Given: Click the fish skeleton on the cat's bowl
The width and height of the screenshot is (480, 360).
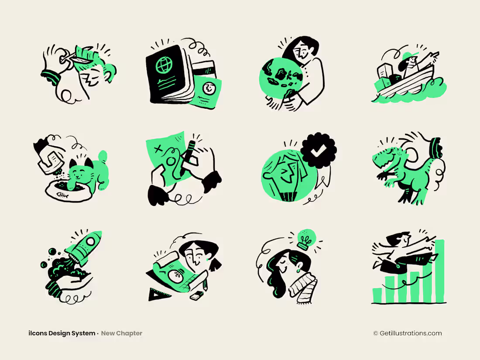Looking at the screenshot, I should pyautogui.click(x=63, y=196).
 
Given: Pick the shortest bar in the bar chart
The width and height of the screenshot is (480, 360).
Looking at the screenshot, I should pyautogui.click(x=377, y=295).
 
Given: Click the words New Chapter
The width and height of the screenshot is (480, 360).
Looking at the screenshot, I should pyautogui.click(x=122, y=333).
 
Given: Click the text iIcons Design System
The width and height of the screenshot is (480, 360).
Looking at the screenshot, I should pyautogui.click(x=62, y=333).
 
